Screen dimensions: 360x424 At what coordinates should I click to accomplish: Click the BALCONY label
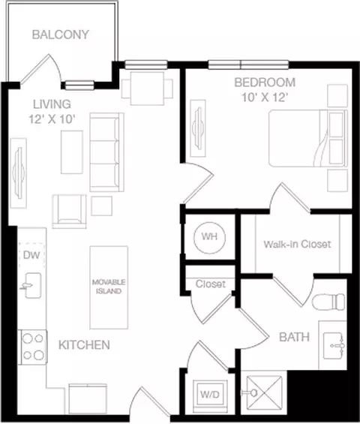61,35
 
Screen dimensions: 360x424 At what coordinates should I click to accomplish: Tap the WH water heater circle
210,238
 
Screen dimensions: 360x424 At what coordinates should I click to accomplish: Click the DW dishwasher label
31,254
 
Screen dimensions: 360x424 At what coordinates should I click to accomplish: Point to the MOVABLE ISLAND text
109,287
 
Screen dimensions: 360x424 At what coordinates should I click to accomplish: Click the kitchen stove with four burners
33,347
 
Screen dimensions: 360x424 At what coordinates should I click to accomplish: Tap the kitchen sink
32,285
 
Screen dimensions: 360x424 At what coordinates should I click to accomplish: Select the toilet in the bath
328,302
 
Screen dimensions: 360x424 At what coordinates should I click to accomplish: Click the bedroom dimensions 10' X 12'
263,98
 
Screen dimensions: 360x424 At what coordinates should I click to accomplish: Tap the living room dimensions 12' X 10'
52,119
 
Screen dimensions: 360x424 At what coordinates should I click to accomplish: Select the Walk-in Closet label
297,244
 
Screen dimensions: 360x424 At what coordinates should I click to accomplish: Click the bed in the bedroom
308,138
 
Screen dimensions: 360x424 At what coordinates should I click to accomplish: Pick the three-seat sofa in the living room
106,152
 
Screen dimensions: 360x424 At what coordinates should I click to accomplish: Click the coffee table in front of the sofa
72,152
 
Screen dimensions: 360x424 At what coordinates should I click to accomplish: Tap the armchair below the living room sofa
70,211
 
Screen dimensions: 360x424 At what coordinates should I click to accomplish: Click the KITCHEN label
84,345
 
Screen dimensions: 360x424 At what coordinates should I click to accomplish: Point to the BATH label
294,337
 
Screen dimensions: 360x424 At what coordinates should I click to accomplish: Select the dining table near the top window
147,89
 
